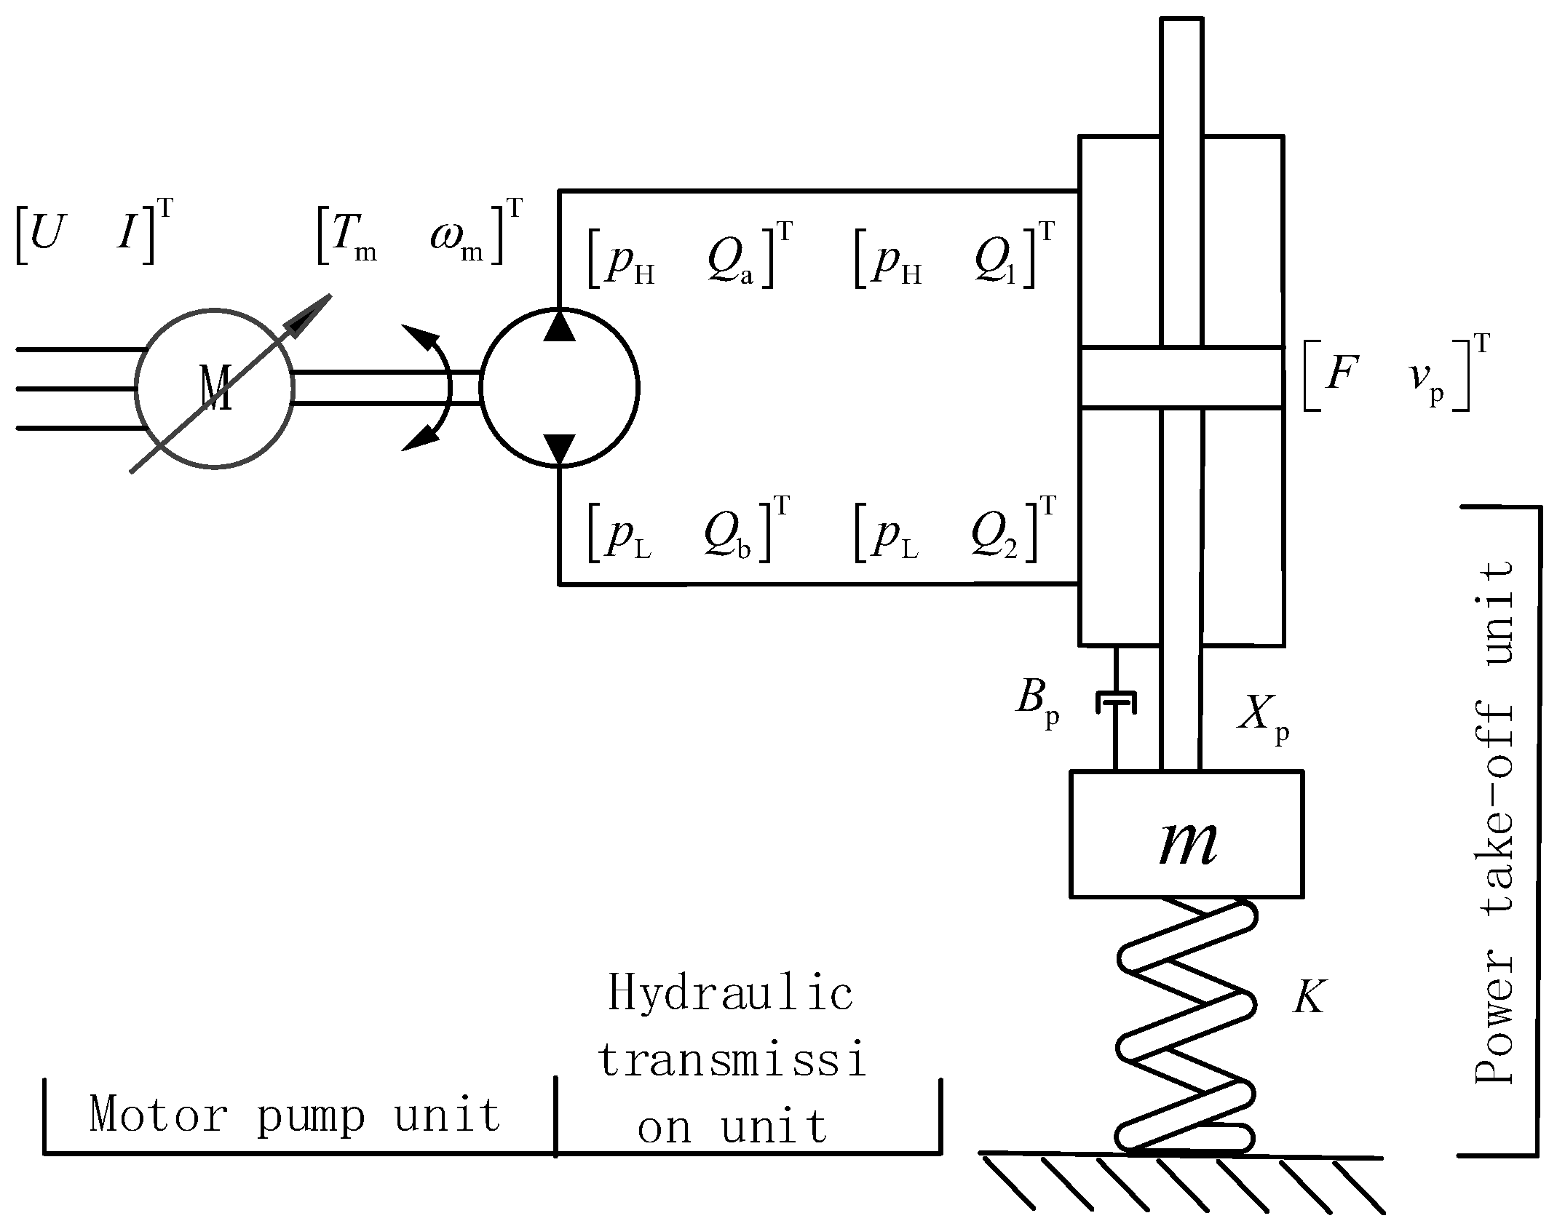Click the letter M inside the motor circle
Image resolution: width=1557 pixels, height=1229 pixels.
coord(215,388)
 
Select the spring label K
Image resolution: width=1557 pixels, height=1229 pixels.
coord(1309,997)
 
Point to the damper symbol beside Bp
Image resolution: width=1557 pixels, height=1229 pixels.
coord(1115,701)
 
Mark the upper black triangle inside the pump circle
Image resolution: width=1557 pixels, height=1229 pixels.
coord(559,326)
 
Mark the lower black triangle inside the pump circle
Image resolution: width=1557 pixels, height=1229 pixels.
coord(559,448)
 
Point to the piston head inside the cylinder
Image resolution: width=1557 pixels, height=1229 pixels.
coord(1181,377)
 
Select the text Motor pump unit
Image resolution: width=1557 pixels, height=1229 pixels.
coord(296,1115)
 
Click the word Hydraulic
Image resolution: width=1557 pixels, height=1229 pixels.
coord(730,995)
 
